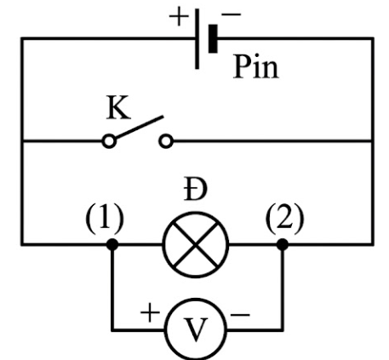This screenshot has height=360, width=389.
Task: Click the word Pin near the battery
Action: click(x=256, y=67)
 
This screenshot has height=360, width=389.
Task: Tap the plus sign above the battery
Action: click(x=179, y=17)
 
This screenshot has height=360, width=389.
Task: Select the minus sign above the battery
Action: click(x=232, y=14)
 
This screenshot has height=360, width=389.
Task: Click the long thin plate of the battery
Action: click(x=197, y=38)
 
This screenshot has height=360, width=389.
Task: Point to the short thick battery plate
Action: click(x=213, y=38)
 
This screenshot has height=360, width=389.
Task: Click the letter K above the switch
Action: click(x=118, y=108)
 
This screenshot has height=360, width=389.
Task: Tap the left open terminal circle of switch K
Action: click(x=109, y=141)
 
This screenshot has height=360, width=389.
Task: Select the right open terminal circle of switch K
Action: click(x=166, y=141)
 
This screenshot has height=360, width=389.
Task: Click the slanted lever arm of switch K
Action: click(x=139, y=127)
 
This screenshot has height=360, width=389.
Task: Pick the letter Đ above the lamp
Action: click(x=195, y=189)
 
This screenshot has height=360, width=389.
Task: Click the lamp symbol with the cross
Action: click(x=196, y=244)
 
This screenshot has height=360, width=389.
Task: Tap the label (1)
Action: click(x=105, y=219)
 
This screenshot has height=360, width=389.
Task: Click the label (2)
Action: click(x=284, y=219)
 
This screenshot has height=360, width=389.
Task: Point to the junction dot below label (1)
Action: click(x=112, y=244)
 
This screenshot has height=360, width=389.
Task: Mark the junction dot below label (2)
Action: click(x=283, y=244)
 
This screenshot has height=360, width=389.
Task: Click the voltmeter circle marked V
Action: click(x=196, y=329)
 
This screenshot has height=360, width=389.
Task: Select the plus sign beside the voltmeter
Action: click(x=150, y=312)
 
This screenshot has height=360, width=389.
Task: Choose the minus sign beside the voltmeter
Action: click(x=240, y=314)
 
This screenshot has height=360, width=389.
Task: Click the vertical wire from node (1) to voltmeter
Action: click(x=112, y=287)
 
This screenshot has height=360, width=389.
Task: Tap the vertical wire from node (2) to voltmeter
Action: click(x=283, y=287)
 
